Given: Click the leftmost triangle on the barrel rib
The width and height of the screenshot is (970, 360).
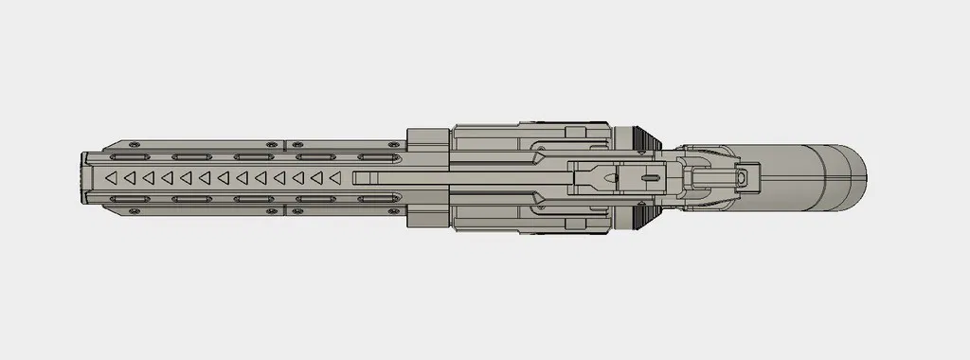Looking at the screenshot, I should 111,177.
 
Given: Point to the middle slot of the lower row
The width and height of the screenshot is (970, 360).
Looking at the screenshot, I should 253,199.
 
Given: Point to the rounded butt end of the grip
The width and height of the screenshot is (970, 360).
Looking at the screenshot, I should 856,177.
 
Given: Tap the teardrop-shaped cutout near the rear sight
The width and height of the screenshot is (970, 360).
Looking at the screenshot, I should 598,177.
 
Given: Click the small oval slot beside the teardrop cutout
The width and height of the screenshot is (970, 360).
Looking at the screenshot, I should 650,177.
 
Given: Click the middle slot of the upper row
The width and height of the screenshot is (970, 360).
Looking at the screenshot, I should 253,155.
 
